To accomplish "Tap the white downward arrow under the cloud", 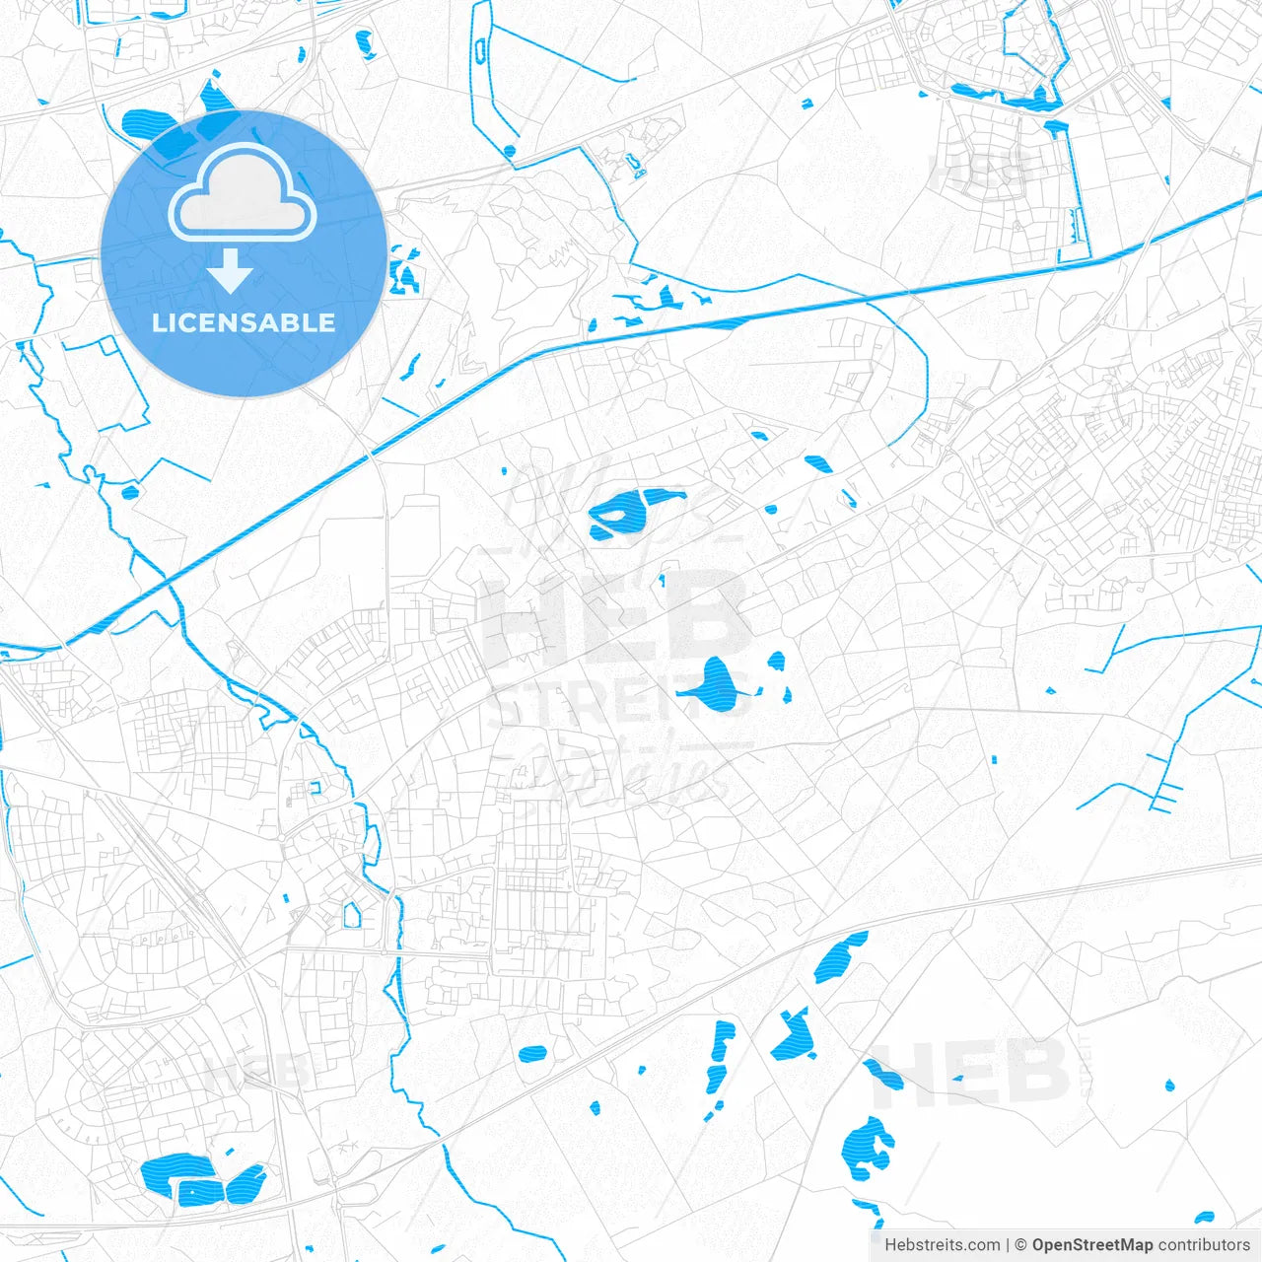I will point(231,270).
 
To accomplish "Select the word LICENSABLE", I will point(244,322).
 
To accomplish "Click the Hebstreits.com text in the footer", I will point(942,1245).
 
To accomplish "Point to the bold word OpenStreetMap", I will point(1091,1245).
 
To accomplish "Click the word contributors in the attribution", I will point(1204,1245).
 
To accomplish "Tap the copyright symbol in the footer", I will point(1021,1245).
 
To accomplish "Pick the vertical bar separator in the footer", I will point(1008,1245).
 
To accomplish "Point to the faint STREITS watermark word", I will point(616,705).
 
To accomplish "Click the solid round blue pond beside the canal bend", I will point(509,151).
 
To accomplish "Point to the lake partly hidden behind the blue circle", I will point(158,128).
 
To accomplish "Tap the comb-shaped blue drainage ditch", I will point(1163,794).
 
